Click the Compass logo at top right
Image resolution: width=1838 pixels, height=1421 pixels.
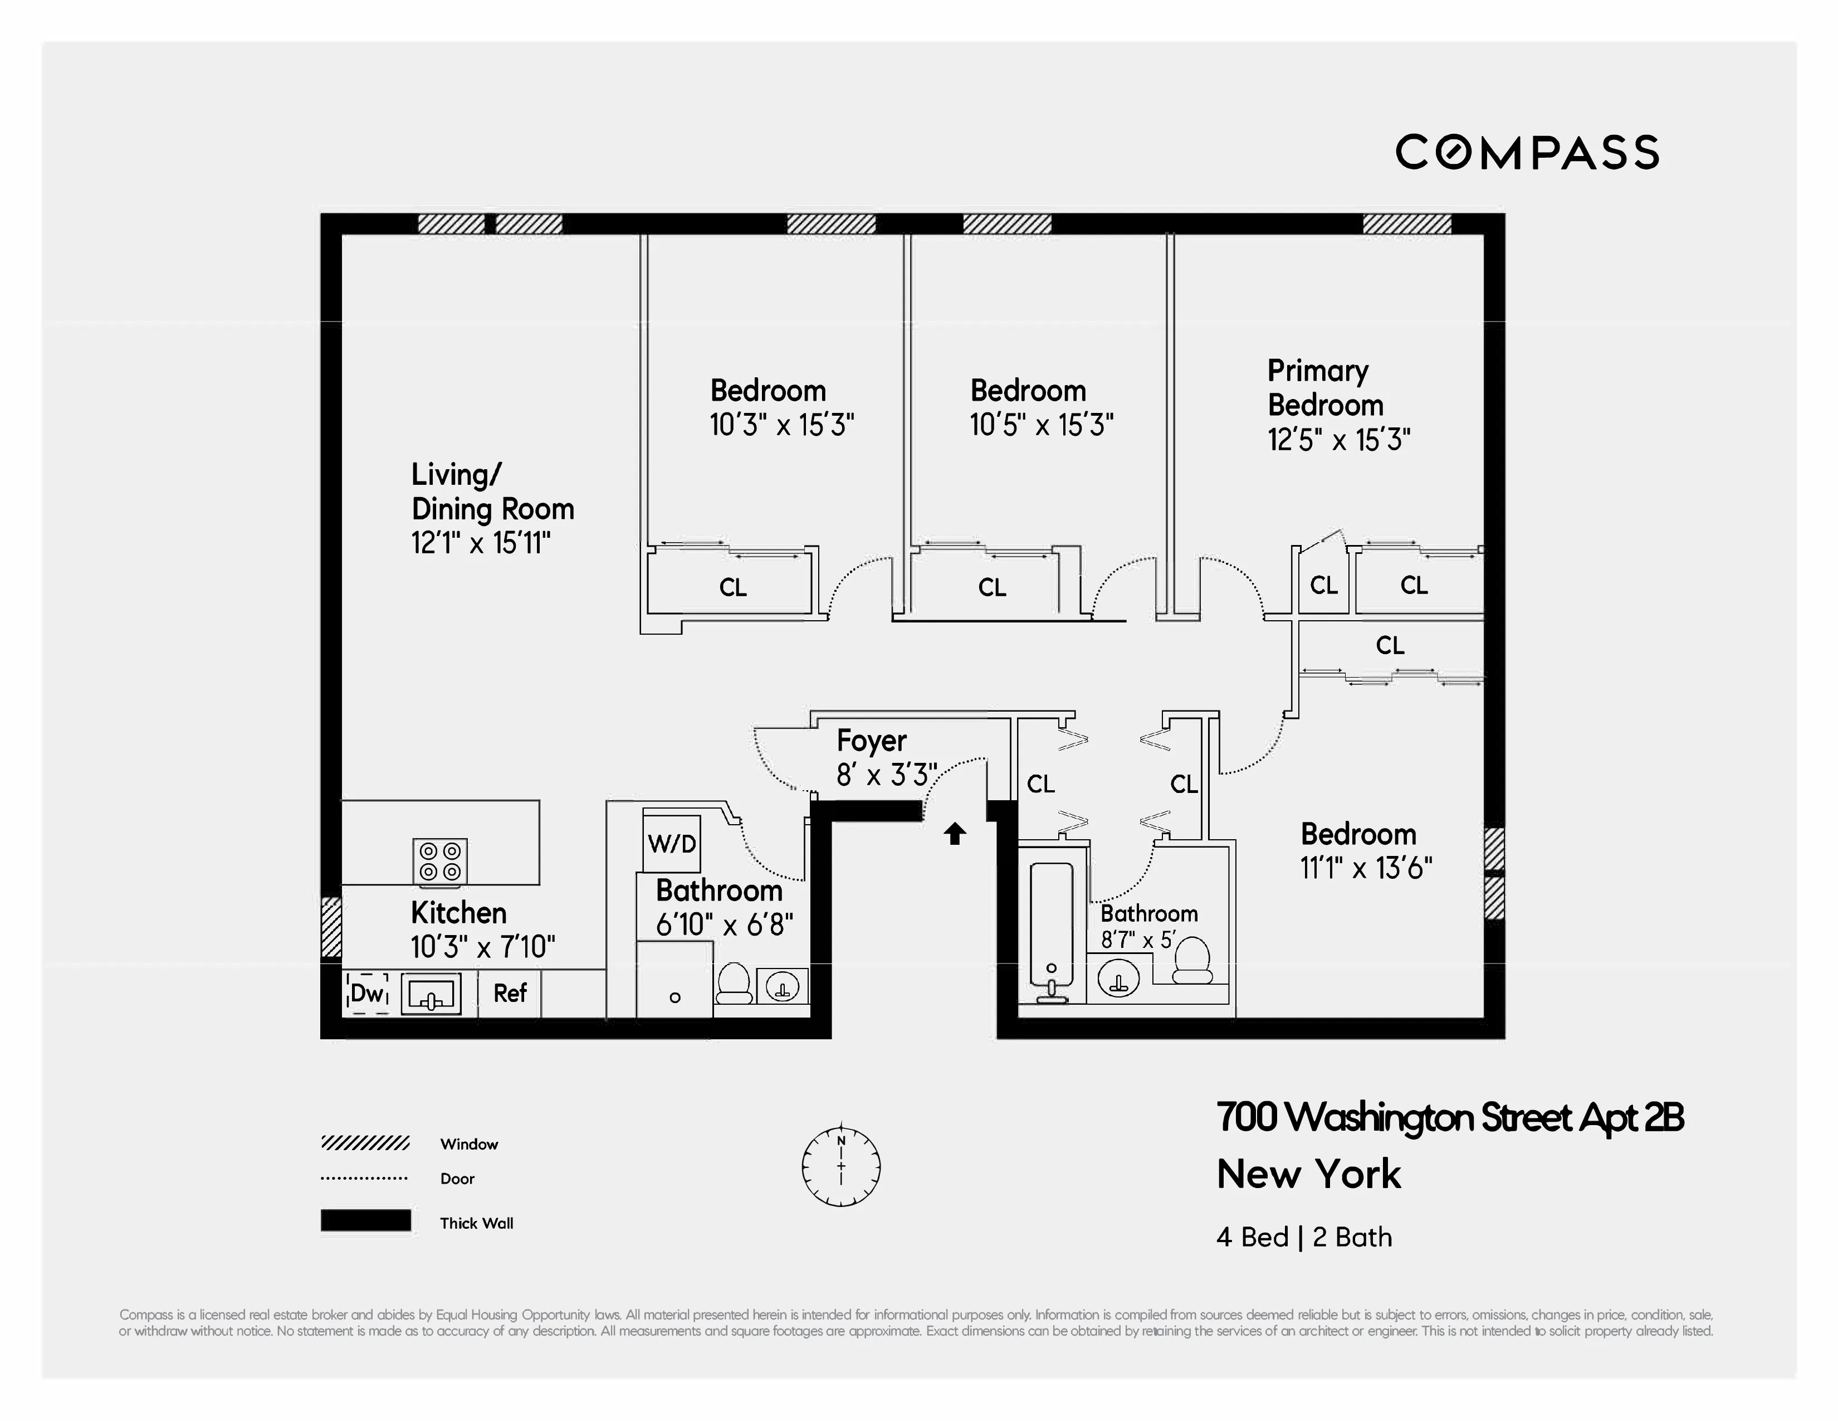click(1527, 152)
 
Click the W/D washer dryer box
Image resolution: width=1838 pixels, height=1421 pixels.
click(672, 843)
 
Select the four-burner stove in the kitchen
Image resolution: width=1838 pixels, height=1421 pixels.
click(440, 861)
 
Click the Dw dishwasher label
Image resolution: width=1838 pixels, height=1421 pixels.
click(367, 994)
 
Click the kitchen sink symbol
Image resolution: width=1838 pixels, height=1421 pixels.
click(431, 994)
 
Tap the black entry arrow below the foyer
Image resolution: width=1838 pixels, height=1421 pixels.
click(954, 834)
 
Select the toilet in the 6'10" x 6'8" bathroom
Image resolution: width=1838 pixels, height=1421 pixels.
click(733, 983)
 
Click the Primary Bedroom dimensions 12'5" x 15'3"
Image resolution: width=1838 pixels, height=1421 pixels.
click(1338, 440)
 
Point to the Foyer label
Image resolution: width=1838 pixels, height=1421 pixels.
click(871, 741)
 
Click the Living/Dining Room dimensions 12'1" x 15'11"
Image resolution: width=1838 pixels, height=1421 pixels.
click(481, 543)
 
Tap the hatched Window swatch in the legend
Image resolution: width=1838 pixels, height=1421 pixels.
click(365, 1143)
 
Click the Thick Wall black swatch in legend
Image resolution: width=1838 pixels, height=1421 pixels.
click(365, 1220)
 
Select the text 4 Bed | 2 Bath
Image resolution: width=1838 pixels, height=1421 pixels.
click(1304, 1237)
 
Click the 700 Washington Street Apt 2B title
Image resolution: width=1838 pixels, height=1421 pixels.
click(1449, 1118)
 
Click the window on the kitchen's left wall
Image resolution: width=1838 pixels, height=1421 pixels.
click(331, 926)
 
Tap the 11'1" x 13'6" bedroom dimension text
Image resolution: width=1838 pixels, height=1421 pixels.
click(1365, 868)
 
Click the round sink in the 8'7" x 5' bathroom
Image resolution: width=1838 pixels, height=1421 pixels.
click(1118, 979)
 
